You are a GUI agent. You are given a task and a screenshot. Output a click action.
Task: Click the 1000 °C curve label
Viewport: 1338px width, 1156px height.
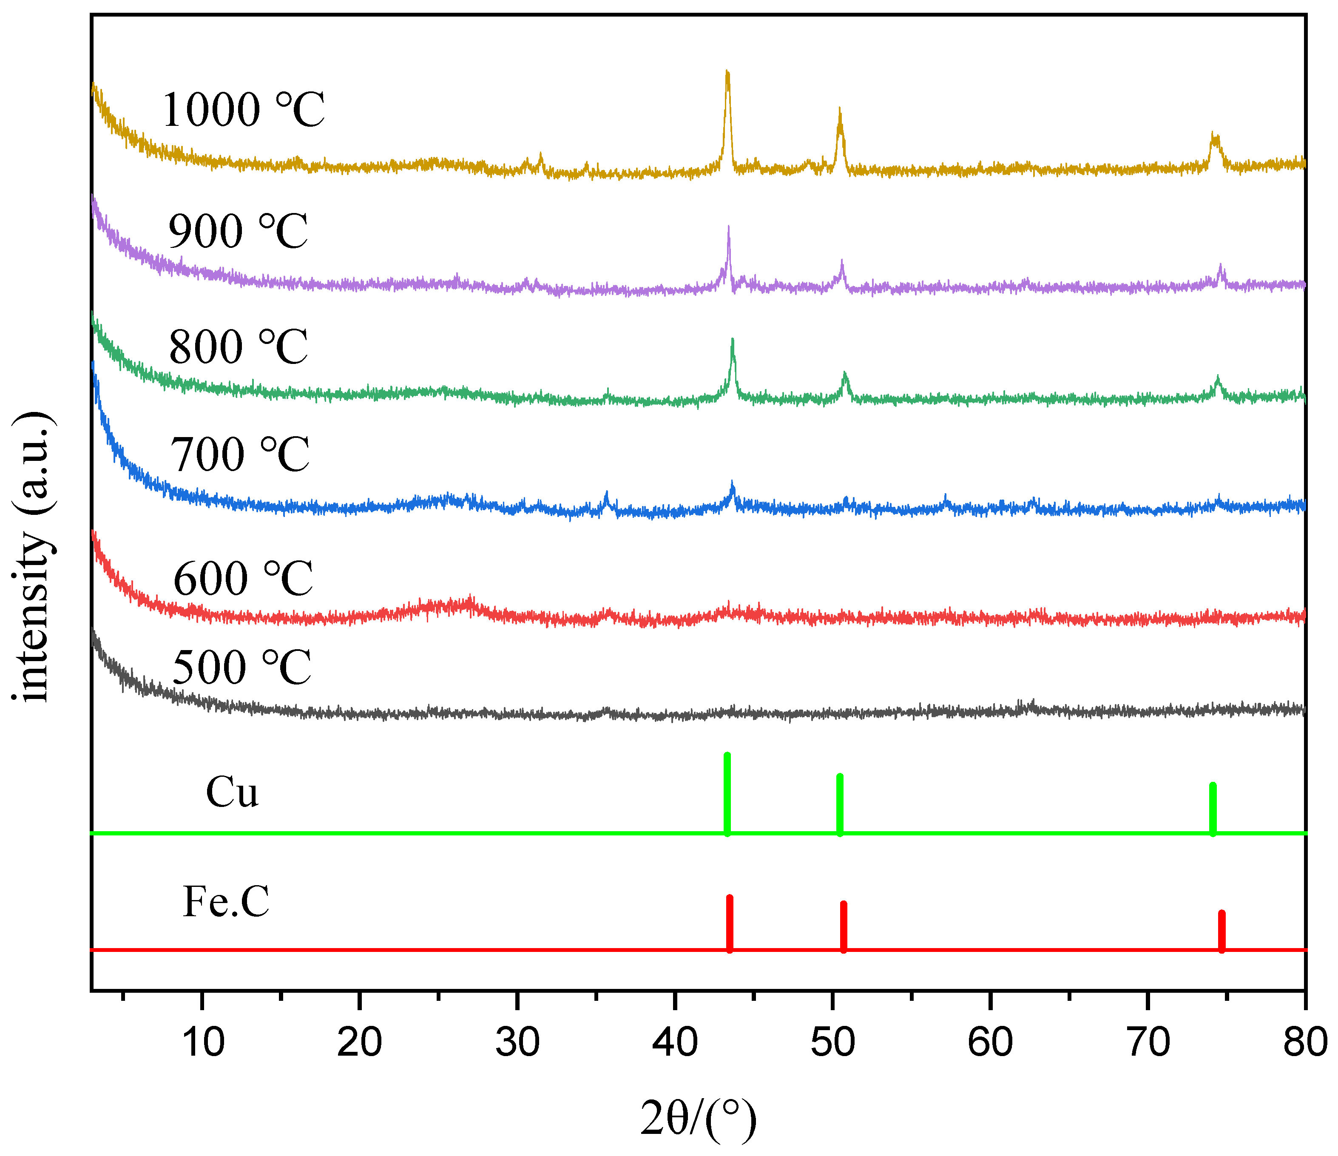[244, 109]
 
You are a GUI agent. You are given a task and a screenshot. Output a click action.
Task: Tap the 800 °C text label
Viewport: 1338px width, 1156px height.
[238, 347]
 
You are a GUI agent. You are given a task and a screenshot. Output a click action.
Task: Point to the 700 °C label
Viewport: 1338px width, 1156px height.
[239, 454]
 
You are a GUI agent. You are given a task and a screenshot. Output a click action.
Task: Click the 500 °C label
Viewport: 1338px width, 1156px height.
[241, 667]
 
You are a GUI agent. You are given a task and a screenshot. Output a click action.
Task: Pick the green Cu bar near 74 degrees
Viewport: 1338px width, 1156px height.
[1212, 809]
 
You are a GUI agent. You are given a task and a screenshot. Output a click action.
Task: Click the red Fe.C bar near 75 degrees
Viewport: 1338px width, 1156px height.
[1221, 931]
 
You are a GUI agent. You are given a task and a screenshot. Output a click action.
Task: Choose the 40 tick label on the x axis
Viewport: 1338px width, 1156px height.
[675, 1042]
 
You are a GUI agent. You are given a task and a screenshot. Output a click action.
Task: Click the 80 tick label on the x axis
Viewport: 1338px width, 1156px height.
[1304, 1042]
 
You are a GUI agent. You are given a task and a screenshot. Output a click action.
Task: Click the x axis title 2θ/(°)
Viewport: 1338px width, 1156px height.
[698, 1119]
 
